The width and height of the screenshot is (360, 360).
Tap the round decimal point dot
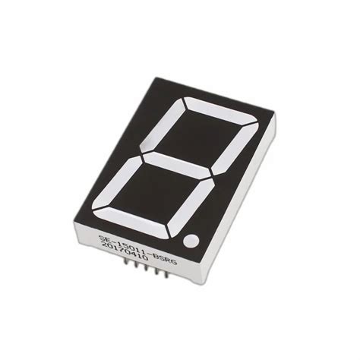(191, 242)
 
